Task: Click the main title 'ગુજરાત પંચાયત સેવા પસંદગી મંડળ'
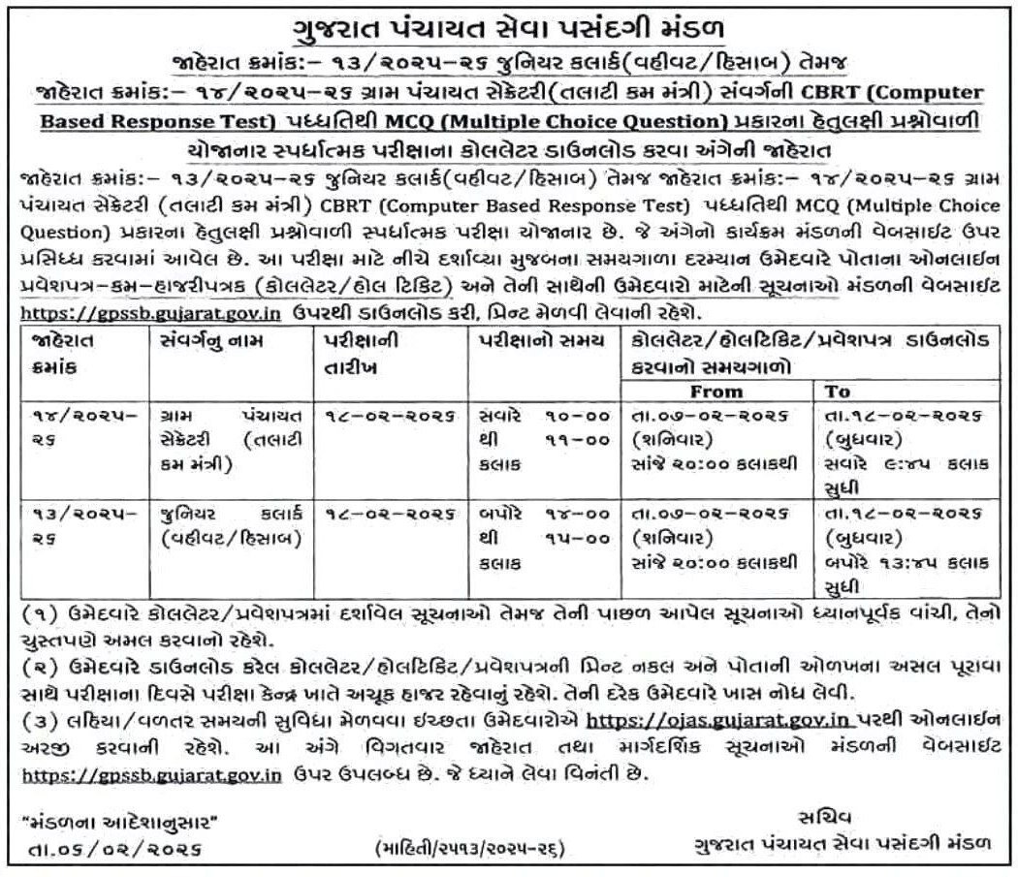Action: pyautogui.click(x=508, y=26)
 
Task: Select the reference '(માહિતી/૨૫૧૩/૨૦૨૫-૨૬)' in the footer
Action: pyautogui.click(x=469, y=849)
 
